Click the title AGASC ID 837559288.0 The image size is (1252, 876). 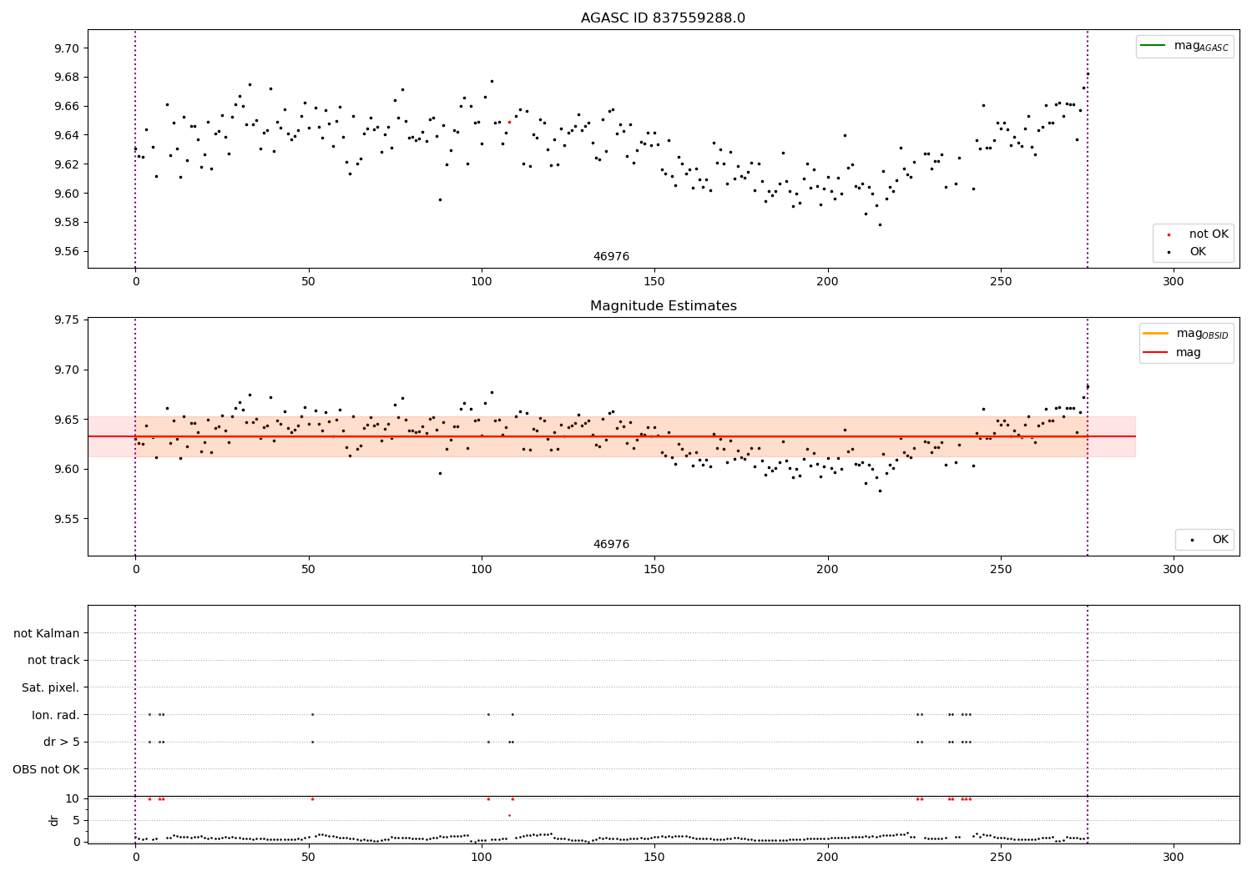tap(663, 18)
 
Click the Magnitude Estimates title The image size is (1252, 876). tap(663, 306)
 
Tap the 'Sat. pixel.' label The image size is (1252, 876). tap(51, 687)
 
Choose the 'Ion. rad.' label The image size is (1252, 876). tap(56, 715)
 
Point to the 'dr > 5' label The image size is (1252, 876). tap(62, 742)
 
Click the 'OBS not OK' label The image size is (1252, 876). tap(47, 769)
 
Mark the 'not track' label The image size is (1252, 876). tap(53, 661)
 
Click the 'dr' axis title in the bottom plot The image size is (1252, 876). tap(54, 820)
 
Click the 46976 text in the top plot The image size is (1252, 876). tap(611, 257)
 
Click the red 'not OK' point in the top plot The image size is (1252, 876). tap(509, 122)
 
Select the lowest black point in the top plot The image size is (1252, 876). tap(879, 224)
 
